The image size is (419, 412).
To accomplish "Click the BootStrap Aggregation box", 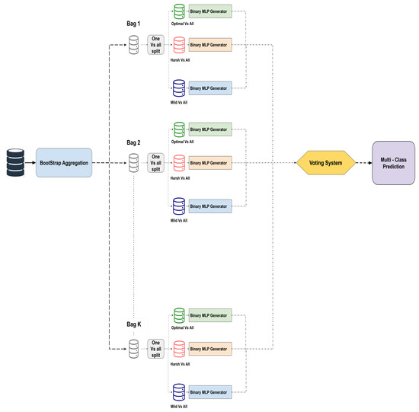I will [x=64, y=163].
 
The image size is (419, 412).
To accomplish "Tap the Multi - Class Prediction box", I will [x=393, y=163].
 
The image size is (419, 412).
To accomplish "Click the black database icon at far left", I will [x=16, y=163].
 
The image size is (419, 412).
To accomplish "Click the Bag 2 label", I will [x=133, y=142].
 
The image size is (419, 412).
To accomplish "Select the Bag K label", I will [x=133, y=324].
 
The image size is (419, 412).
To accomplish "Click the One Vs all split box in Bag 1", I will [x=155, y=46].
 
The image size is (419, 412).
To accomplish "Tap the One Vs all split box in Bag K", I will [x=155, y=348].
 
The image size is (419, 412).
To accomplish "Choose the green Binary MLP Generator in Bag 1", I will [x=209, y=12].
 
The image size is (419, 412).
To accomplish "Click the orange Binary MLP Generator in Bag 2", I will [x=209, y=163].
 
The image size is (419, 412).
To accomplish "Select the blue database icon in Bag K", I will [x=179, y=391].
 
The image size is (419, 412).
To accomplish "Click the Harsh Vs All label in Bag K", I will [x=181, y=364].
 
